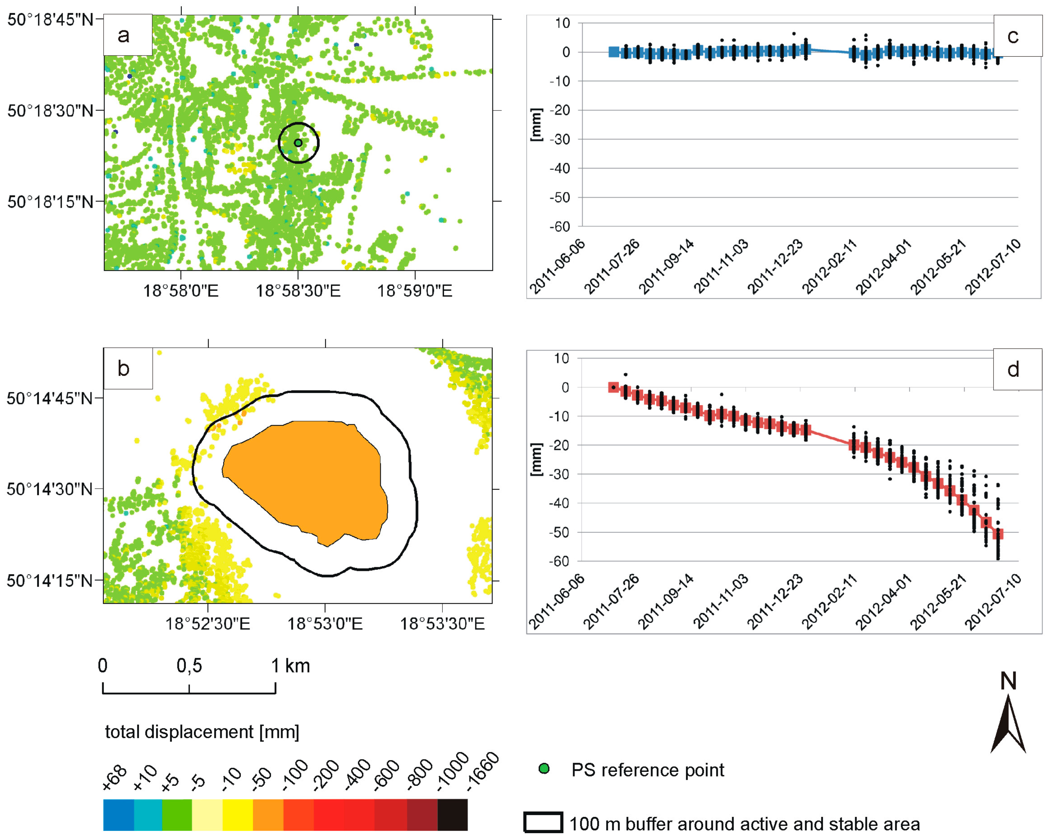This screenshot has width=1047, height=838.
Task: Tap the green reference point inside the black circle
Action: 298,143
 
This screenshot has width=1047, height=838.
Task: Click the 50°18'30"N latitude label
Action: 50,111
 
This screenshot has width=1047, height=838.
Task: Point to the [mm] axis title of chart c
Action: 536,125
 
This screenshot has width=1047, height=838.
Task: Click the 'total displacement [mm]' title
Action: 202,732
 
